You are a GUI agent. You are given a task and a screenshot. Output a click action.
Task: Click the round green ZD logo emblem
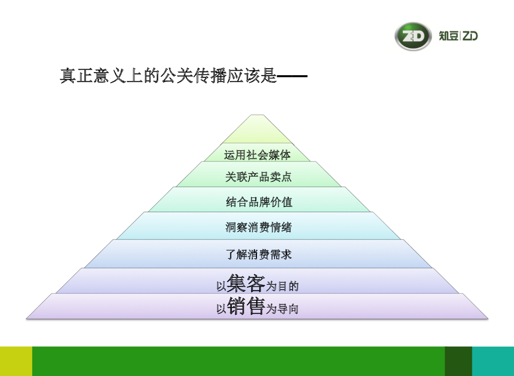(413, 36)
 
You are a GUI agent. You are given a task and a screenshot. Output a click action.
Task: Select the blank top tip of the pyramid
(257, 131)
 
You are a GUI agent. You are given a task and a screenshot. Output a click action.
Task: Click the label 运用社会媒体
(257, 155)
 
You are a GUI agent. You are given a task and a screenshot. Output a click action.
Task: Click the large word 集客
(245, 283)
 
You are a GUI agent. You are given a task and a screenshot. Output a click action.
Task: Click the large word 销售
(245, 305)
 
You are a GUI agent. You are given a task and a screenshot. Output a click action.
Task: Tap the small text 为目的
(282, 287)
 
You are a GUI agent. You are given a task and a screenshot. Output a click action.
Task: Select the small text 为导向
(282, 309)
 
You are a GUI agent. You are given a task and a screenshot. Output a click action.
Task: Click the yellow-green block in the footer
(16, 361)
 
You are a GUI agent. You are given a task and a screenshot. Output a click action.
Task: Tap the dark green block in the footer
(458, 361)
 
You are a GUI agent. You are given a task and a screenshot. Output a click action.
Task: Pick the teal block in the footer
(493, 361)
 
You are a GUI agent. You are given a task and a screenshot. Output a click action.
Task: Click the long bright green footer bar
(238, 361)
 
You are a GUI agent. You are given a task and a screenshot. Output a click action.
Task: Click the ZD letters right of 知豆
(470, 36)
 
